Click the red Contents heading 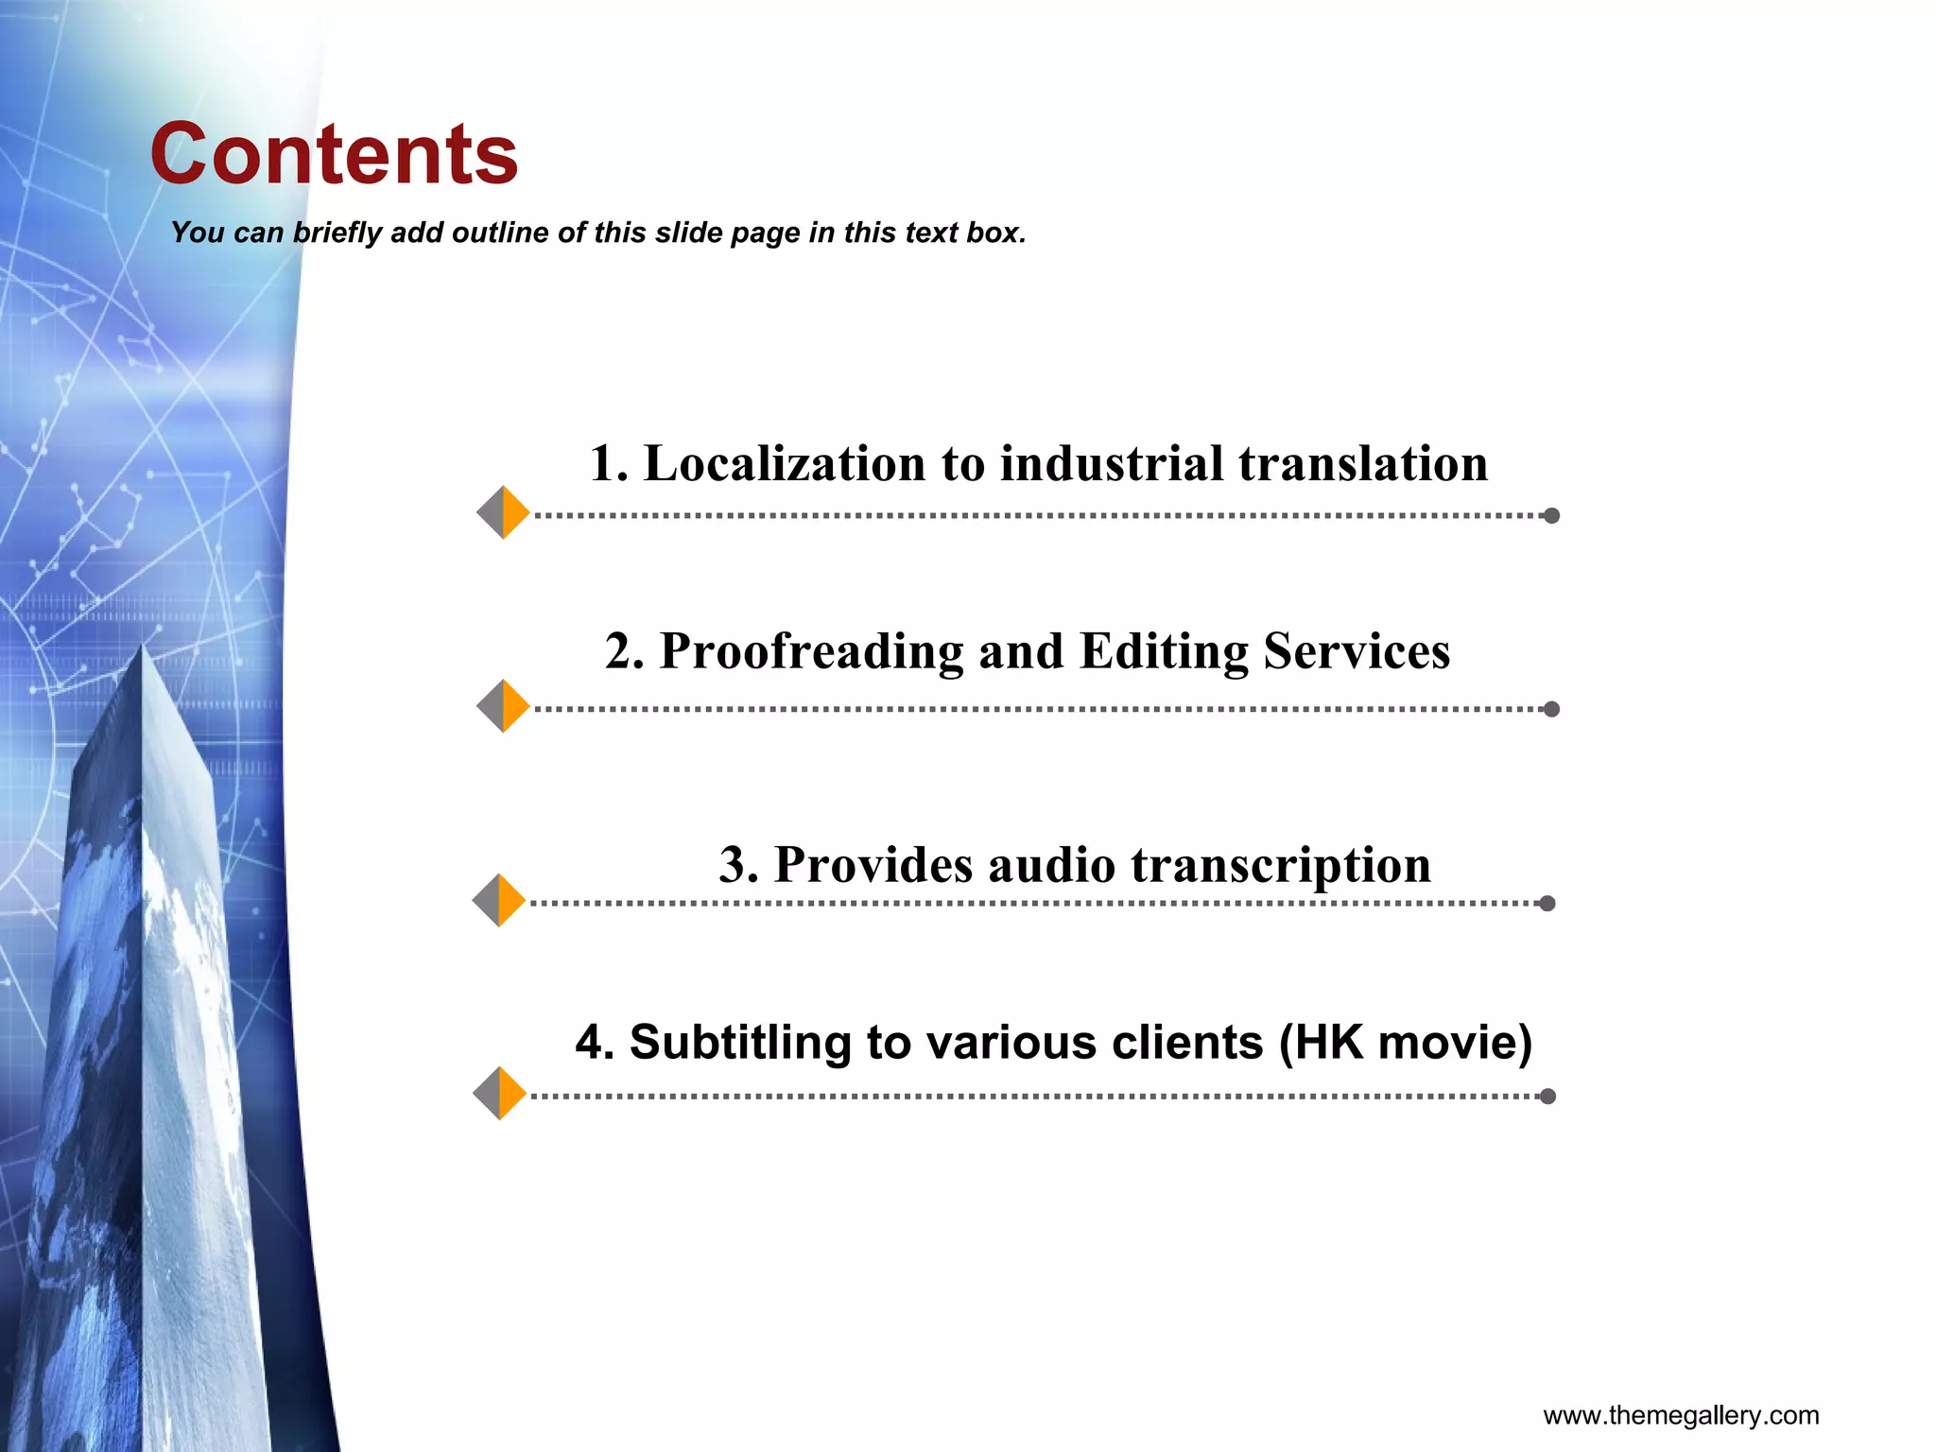334,154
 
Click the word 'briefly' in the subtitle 336,233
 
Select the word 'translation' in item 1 1363,464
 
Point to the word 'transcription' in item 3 1281,865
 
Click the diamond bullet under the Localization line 503,512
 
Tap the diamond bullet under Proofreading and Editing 503,706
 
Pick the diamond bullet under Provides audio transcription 499,900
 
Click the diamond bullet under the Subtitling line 499,1094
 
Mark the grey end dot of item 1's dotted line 1551,515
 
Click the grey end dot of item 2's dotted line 1551,709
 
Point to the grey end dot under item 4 1547,1097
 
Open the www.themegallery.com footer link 1681,1415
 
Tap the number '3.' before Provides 738,865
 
